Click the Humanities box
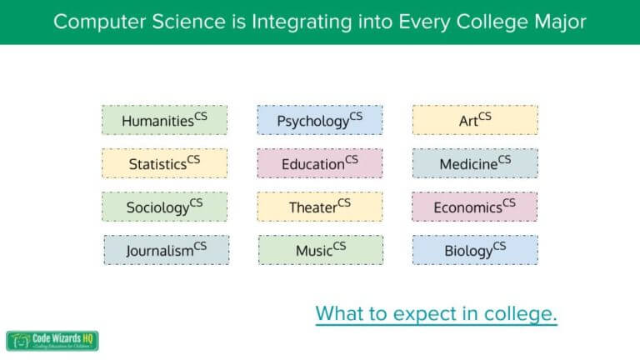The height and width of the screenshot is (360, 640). pyautogui.click(x=164, y=120)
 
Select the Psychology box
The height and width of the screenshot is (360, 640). pyautogui.click(x=319, y=120)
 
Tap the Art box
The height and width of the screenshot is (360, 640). pyautogui.click(x=475, y=120)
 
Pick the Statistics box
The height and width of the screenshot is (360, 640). pyautogui.click(x=164, y=163)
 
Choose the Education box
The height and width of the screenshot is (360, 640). pyautogui.click(x=319, y=163)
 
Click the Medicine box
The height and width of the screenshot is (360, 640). pyautogui.click(x=475, y=163)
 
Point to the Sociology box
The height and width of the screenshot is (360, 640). pyautogui.click(x=164, y=207)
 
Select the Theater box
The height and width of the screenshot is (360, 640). pyautogui.click(x=319, y=207)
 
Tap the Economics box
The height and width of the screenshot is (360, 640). pyautogui.click(x=475, y=207)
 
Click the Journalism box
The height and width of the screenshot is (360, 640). pyautogui.click(x=166, y=250)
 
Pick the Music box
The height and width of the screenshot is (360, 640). pyautogui.click(x=321, y=250)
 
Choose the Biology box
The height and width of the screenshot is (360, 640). pyautogui.click(x=475, y=250)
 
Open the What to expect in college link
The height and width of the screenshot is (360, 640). pyautogui.click(x=436, y=314)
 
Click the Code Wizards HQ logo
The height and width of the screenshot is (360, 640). pyautogui.click(x=53, y=341)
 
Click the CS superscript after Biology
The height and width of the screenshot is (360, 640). pyautogui.click(x=499, y=245)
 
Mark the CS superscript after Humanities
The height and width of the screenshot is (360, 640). pyautogui.click(x=201, y=115)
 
